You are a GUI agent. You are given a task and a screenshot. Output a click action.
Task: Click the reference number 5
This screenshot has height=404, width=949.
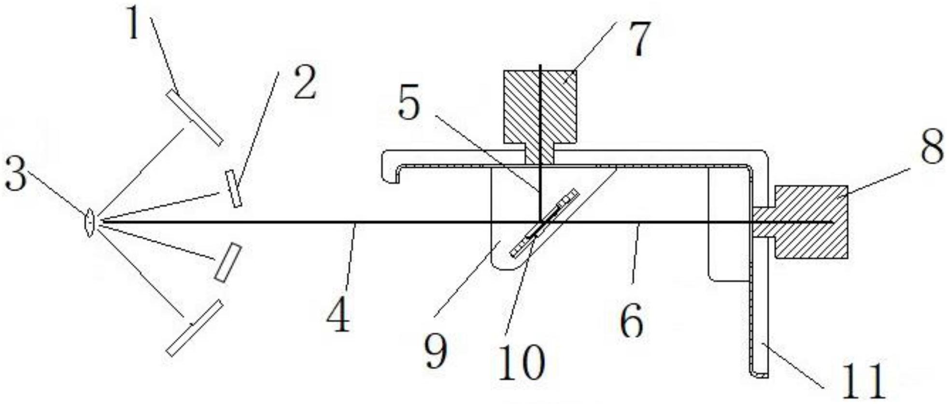pos(409,105)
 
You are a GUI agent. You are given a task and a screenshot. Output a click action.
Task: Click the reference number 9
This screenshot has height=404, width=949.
pos(436,352)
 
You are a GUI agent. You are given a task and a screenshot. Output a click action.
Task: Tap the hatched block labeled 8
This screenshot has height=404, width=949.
pos(811,222)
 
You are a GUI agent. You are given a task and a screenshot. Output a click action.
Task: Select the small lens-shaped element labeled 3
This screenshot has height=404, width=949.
pos(89,222)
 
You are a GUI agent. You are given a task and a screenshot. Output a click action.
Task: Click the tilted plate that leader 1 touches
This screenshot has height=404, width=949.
pos(195,117)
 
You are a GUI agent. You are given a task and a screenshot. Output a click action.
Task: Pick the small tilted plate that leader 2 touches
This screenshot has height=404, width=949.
pos(233,188)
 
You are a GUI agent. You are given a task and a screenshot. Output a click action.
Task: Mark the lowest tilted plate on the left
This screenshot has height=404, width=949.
pos(195,328)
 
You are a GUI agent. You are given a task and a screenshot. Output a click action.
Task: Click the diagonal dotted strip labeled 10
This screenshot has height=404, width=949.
pos(545,223)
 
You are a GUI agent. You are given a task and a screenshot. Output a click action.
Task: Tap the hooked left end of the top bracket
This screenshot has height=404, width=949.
pos(390,168)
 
